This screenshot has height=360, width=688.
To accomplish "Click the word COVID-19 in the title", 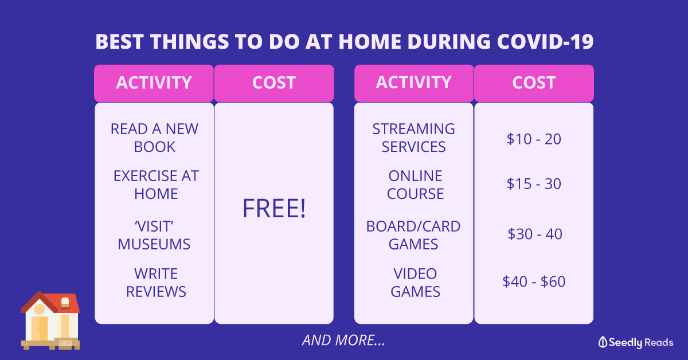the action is pyautogui.click(x=545, y=41).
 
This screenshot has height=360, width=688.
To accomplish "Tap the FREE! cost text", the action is pyautogui.click(x=274, y=209).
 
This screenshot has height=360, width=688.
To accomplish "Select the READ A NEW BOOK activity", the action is pyautogui.click(x=154, y=138).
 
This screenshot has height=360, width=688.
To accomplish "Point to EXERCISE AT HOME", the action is pyautogui.click(x=156, y=185).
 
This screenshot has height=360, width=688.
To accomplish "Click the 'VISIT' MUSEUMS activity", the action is pyautogui.click(x=154, y=235).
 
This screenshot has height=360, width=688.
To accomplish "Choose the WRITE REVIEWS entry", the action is pyautogui.click(x=156, y=283).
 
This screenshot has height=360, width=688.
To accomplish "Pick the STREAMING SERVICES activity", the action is pyautogui.click(x=414, y=138).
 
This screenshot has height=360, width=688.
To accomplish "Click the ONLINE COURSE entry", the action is pyautogui.click(x=415, y=185).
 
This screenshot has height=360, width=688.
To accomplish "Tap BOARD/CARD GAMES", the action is pyautogui.click(x=413, y=235).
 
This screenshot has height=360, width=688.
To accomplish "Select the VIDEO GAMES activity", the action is pyautogui.click(x=415, y=283).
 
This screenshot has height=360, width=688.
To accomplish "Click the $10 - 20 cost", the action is pyautogui.click(x=534, y=139).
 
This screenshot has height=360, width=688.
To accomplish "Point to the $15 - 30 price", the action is pyautogui.click(x=534, y=183).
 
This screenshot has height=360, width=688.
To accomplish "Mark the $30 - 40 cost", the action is pyautogui.click(x=535, y=234).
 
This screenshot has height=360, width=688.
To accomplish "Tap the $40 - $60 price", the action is pyautogui.click(x=534, y=281).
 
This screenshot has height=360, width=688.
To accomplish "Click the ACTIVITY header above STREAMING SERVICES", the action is pyautogui.click(x=414, y=83).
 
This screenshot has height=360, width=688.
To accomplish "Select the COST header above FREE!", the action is pyautogui.click(x=274, y=83).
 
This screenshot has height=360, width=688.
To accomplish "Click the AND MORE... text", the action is pyautogui.click(x=343, y=340).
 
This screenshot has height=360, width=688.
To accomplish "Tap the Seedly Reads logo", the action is pyautogui.click(x=636, y=342).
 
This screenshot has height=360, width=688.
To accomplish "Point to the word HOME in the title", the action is pyautogui.click(x=369, y=41).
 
